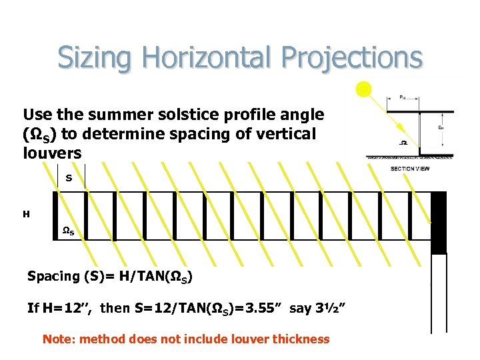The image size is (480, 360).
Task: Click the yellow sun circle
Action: coord(363,89)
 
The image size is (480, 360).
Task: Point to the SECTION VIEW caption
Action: coord(409,169)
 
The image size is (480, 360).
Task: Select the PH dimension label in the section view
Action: coord(402,96)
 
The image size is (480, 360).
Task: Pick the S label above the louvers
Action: coord(69,177)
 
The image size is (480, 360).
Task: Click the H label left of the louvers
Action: coord(26,214)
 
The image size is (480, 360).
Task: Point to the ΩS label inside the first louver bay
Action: coord(68,231)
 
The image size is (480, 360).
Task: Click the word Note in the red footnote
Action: coord(57,339)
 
